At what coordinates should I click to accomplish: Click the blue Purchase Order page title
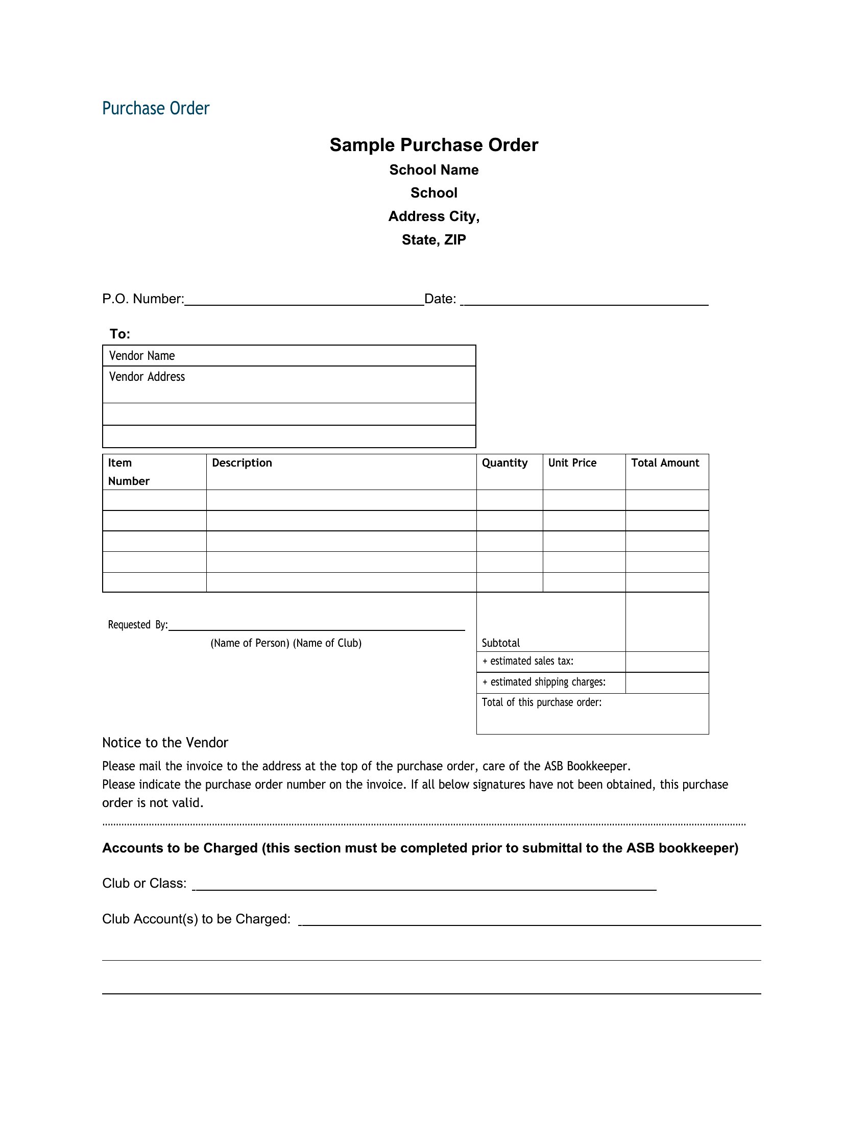tap(156, 109)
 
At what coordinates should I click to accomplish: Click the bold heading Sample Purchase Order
tap(433, 145)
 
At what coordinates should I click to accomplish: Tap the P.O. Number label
tap(143, 299)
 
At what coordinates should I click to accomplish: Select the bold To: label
tap(120, 334)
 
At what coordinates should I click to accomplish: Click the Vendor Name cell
tap(288, 356)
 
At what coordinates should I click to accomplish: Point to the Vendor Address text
tap(147, 377)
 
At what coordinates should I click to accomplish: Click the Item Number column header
tap(129, 472)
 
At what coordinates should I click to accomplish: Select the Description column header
tap(242, 463)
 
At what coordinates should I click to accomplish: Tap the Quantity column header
tap(504, 463)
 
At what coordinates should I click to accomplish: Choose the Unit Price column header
tap(572, 463)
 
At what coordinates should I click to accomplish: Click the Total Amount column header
tap(665, 463)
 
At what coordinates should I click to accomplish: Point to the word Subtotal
tap(500, 643)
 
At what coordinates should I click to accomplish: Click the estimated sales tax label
tap(528, 661)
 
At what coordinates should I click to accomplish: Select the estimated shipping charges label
tap(544, 682)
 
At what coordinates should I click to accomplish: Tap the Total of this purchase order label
tap(541, 702)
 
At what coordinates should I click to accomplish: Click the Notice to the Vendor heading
tap(165, 743)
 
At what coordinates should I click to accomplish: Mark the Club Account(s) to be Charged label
tap(197, 919)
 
